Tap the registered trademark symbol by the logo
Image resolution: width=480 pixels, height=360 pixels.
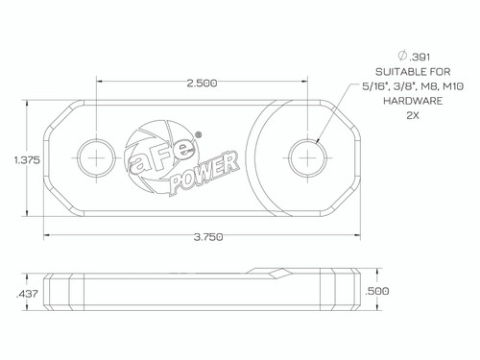click(x=198, y=135)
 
